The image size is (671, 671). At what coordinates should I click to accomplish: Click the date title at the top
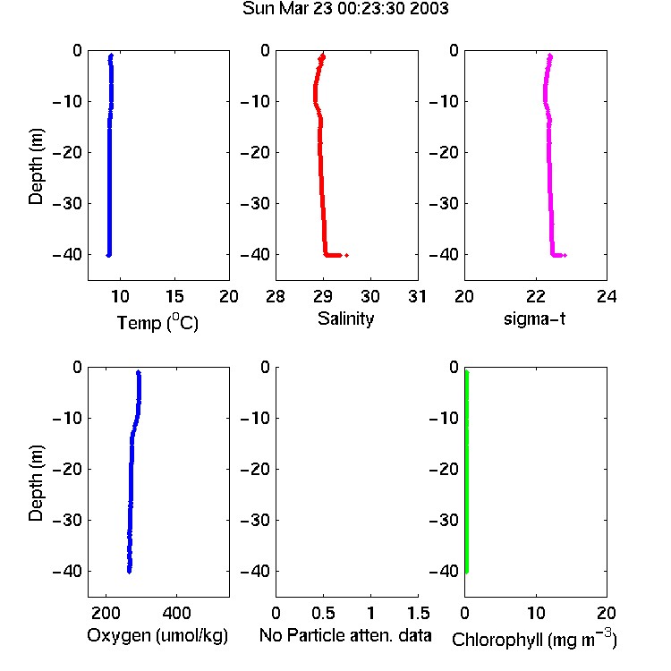(345, 8)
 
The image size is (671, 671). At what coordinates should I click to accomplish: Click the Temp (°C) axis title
(157, 322)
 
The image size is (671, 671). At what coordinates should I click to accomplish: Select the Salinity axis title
(345, 319)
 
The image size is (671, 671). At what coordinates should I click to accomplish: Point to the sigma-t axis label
(534, 319)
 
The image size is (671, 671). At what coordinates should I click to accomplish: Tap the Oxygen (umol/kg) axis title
(157, 635)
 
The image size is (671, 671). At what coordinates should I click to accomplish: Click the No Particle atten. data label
(345, 635)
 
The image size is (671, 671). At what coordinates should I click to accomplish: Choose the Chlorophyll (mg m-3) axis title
(534, 639)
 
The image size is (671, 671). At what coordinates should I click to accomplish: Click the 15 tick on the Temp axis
(174, 296)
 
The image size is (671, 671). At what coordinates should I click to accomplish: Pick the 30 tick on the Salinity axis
(370, 296)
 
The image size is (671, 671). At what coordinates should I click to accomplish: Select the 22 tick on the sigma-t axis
(536, 296)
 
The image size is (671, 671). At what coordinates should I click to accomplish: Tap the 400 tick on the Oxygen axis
(177, 613)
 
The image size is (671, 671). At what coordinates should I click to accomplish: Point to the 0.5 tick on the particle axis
(323, 613)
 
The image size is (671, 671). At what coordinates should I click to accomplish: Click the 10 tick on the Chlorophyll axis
(536, 613)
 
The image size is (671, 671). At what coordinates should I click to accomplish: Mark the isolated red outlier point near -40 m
(346, 255)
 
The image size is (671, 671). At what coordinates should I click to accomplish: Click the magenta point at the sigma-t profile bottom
(565, 256)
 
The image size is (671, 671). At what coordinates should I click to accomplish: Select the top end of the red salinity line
(323, 55)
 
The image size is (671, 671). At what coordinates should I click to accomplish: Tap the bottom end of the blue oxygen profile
(129, 572)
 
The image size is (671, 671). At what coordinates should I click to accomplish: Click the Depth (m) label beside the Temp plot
(36, 166)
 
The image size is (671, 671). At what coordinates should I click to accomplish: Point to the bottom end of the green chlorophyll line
(467, 572)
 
